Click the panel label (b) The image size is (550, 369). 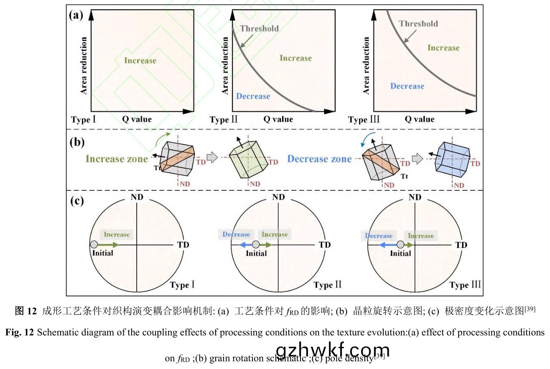[76, 142]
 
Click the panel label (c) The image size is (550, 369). [76, 201]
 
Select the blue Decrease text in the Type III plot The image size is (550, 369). [407, 86]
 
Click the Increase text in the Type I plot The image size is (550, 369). [140, 61]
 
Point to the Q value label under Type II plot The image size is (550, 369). [278, 119]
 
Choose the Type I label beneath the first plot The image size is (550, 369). [84, 120]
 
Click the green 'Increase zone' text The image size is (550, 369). [117, 159]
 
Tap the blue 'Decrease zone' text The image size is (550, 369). [319, 159]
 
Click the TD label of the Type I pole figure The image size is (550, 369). [183, 245]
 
